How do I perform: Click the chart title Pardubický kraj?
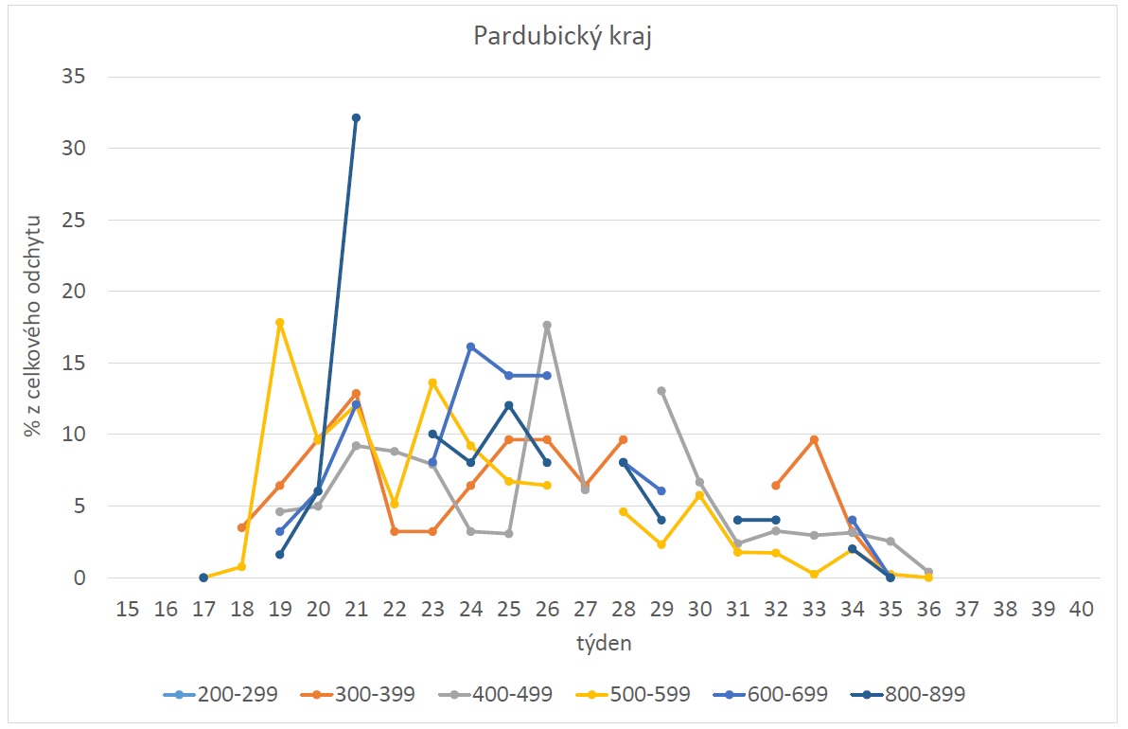pyautogui.click(x=563, y=38)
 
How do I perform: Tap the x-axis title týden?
pyautogui.click(x=603, y=644)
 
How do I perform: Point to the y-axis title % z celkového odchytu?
pyautogui.click(x=33, y=328)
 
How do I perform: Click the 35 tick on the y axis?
pyautogui.click(x=74, y=77)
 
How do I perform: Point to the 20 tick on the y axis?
pyautogui.click(x=74, y=292)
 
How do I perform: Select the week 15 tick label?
pyautogui.click(x=128, y=609)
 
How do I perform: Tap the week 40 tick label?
pyautogui.click(x=1081, y=609)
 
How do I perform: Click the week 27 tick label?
pyautogui.click(x=585, y=609)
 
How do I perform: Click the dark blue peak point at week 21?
pyautogui.click(x=356, y=117)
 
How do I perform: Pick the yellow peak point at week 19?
pyautogui.click(x=279, y=323)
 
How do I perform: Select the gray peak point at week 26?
pyautogui.click(x=547, y=326)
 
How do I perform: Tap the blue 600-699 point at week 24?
pyautogui.click(x=470, y=347)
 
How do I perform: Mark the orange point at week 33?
pyautogui.click(x=814, y=440)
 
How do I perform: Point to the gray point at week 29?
pyautogui.click(x=661, y=391)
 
